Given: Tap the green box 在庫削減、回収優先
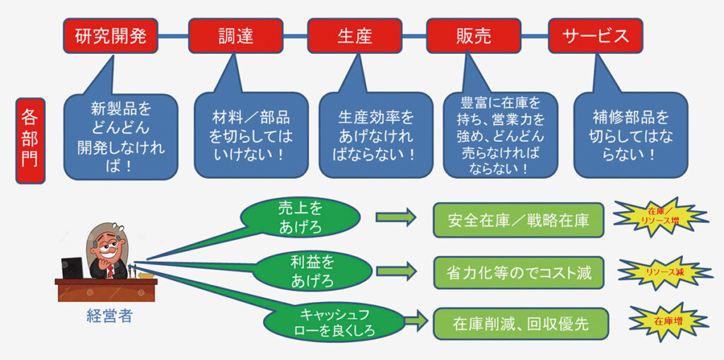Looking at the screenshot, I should click(520, 323).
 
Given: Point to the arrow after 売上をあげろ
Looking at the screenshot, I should click(396, 217).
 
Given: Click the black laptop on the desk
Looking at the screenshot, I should click(71, 267).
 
